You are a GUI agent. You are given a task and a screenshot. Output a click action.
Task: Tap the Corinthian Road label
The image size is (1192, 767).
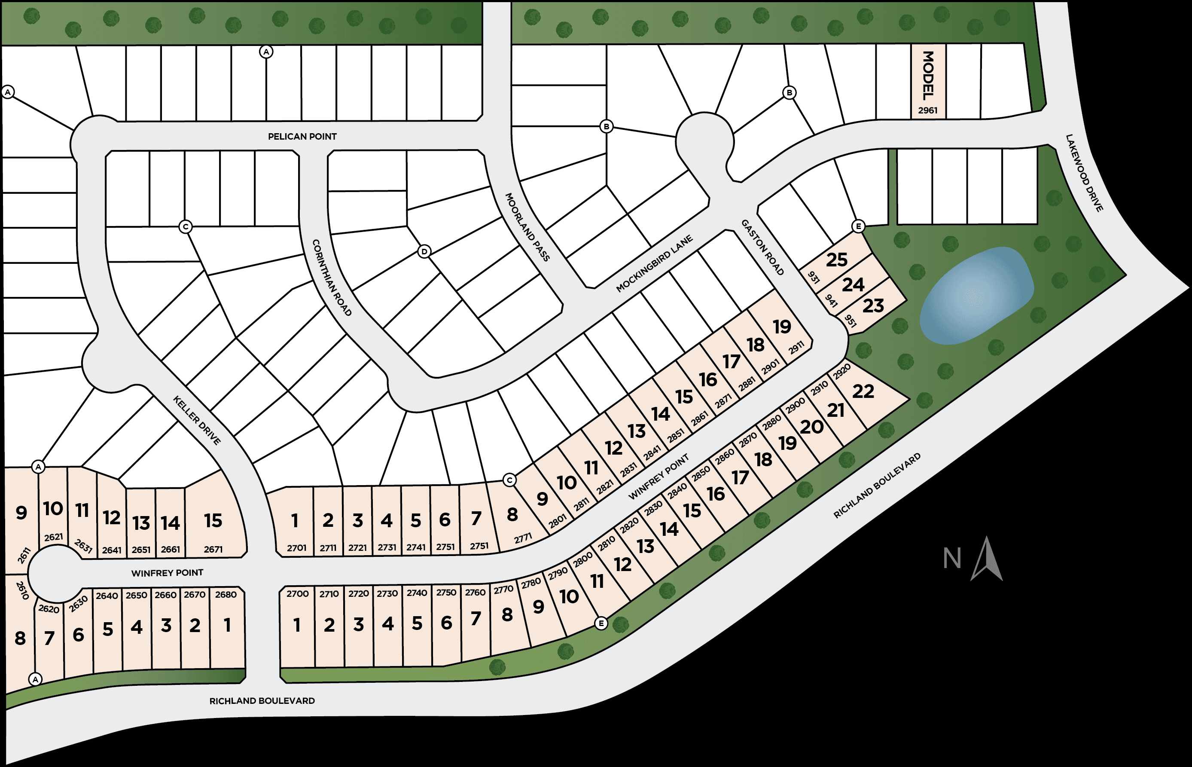point(332,278)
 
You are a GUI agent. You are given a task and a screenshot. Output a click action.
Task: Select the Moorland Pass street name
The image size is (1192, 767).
point(527,227)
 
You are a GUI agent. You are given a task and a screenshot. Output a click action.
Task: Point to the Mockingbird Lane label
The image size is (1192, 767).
point(654,263)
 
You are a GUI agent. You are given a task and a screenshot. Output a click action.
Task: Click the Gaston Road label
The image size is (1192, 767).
point(762,248)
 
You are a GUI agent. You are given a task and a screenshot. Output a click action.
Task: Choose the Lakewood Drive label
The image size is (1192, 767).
point(1084,173)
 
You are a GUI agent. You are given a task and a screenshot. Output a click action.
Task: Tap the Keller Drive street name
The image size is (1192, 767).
point(197,420)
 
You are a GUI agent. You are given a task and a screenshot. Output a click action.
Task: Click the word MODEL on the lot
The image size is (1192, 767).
point(928,75)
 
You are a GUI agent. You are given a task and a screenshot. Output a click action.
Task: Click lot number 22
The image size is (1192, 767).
point(863,391)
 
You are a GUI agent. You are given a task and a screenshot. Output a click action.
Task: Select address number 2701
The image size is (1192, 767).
point(296,548)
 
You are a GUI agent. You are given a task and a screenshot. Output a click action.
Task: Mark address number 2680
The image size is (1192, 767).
point(226,595)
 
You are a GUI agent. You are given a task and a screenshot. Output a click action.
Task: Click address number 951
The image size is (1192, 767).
point(851,321)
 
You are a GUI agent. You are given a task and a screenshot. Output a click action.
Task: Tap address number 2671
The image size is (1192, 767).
point(213,549)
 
